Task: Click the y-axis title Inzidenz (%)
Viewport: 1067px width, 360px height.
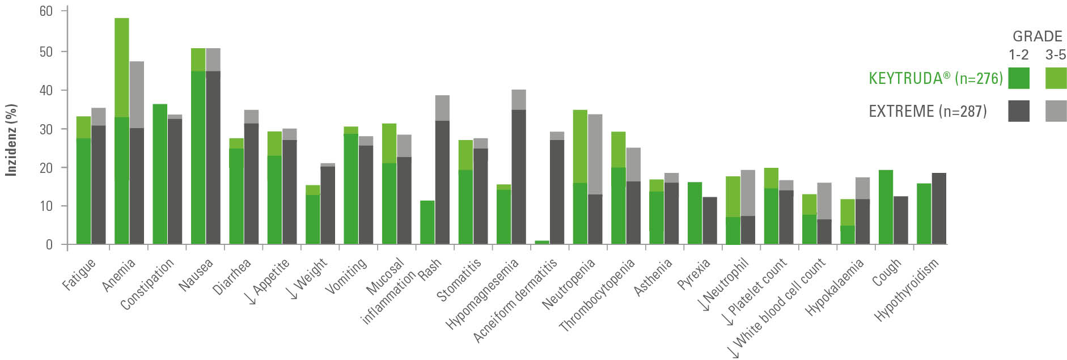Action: [11, 140]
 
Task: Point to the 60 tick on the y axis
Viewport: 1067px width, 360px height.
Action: [46, 11]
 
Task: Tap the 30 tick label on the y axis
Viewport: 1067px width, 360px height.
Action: [46, 129]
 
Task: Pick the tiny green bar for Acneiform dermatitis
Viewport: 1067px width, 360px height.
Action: [543, 243]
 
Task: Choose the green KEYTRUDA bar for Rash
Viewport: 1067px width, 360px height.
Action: [427, 223]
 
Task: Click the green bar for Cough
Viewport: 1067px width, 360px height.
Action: [886, 207]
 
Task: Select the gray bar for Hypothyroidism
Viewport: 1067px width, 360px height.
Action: [939, 209]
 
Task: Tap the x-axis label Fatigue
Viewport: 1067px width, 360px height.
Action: [79, 274]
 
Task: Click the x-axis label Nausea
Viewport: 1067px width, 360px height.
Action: [196, 275]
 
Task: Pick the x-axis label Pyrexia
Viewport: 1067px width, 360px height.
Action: [694, 274]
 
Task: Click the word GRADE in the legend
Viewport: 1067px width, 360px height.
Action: [1037, 36]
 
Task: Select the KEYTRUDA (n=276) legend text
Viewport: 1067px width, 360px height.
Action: [935, 78]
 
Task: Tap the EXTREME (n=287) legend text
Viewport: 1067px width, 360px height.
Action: [928, 111]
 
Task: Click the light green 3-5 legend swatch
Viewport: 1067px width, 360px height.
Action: [1056, 78]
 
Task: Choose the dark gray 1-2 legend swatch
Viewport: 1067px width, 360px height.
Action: [1019, 111]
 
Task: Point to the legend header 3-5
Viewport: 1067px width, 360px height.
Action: [1055, 55]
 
